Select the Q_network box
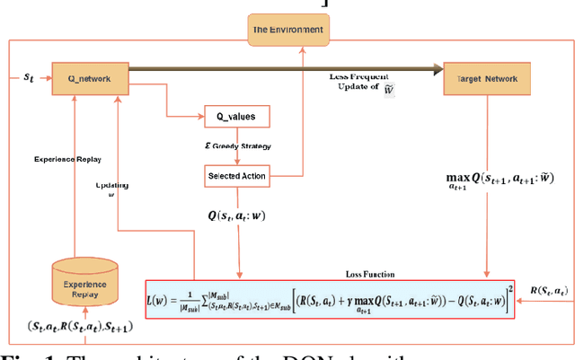tap(82, 78)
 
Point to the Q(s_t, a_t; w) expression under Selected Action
tap(237, 215)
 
